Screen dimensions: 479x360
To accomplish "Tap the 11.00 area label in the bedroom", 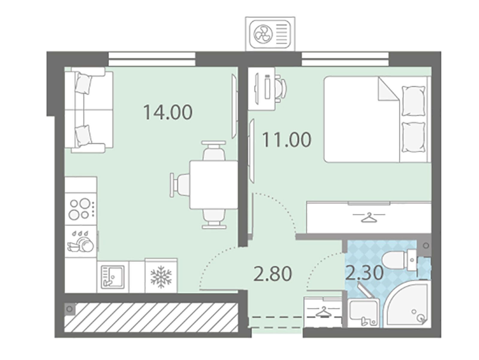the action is coord(287,140).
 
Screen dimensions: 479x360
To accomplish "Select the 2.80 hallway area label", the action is coord(273,274).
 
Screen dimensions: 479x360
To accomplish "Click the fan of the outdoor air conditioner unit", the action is coord(262,34).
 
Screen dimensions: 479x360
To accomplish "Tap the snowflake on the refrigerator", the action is coord(161,277).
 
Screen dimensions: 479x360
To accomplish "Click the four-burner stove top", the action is coord(81,209).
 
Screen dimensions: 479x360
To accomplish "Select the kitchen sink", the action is coord(113,277).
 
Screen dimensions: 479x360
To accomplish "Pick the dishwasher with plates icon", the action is coord(81,241).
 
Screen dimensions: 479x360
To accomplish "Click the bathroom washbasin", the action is coord(363,313).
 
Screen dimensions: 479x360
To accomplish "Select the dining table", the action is coord(213,185).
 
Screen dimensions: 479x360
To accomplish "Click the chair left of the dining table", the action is coord(180,185).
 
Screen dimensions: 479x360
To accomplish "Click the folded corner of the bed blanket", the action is coord(389,89).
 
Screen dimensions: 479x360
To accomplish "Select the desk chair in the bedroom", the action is coord(281,88).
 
